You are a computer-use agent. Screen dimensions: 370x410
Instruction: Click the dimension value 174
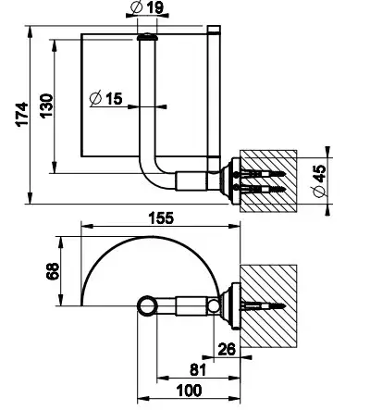point(22,114)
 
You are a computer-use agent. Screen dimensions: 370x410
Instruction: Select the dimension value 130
point(47,106)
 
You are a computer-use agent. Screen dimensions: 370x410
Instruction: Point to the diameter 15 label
point(105,98)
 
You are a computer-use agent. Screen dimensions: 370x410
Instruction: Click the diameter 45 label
point(319,181)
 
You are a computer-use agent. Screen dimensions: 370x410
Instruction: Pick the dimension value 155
point(161,217)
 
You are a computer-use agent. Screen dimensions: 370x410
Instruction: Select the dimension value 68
point(53,271)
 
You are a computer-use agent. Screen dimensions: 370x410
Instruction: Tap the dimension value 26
point(227,349)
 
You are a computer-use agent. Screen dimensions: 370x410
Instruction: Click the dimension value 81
point(197,369)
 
